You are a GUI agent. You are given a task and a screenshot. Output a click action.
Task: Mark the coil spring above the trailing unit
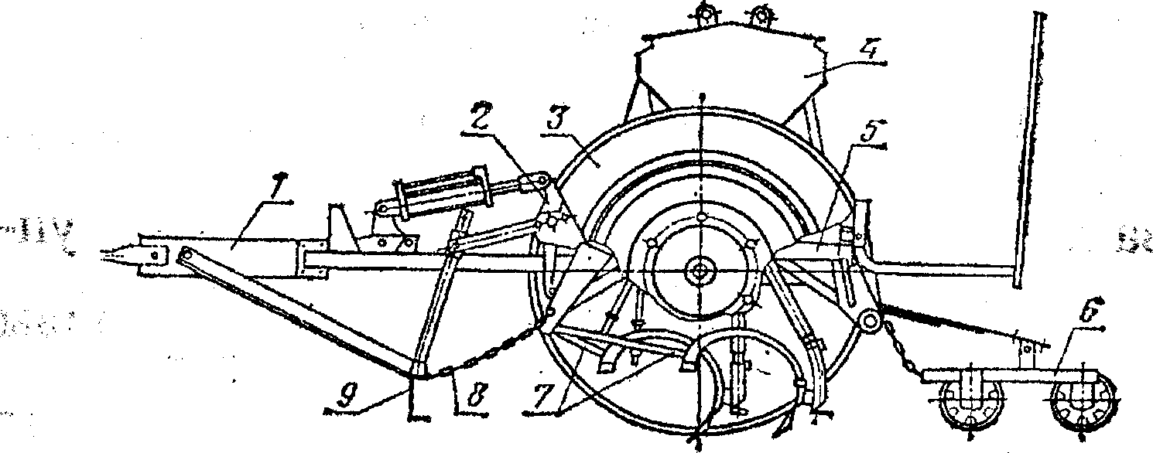click(x=944, y=319)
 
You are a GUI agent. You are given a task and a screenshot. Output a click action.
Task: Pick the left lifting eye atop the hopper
click(x=706, y=13)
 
